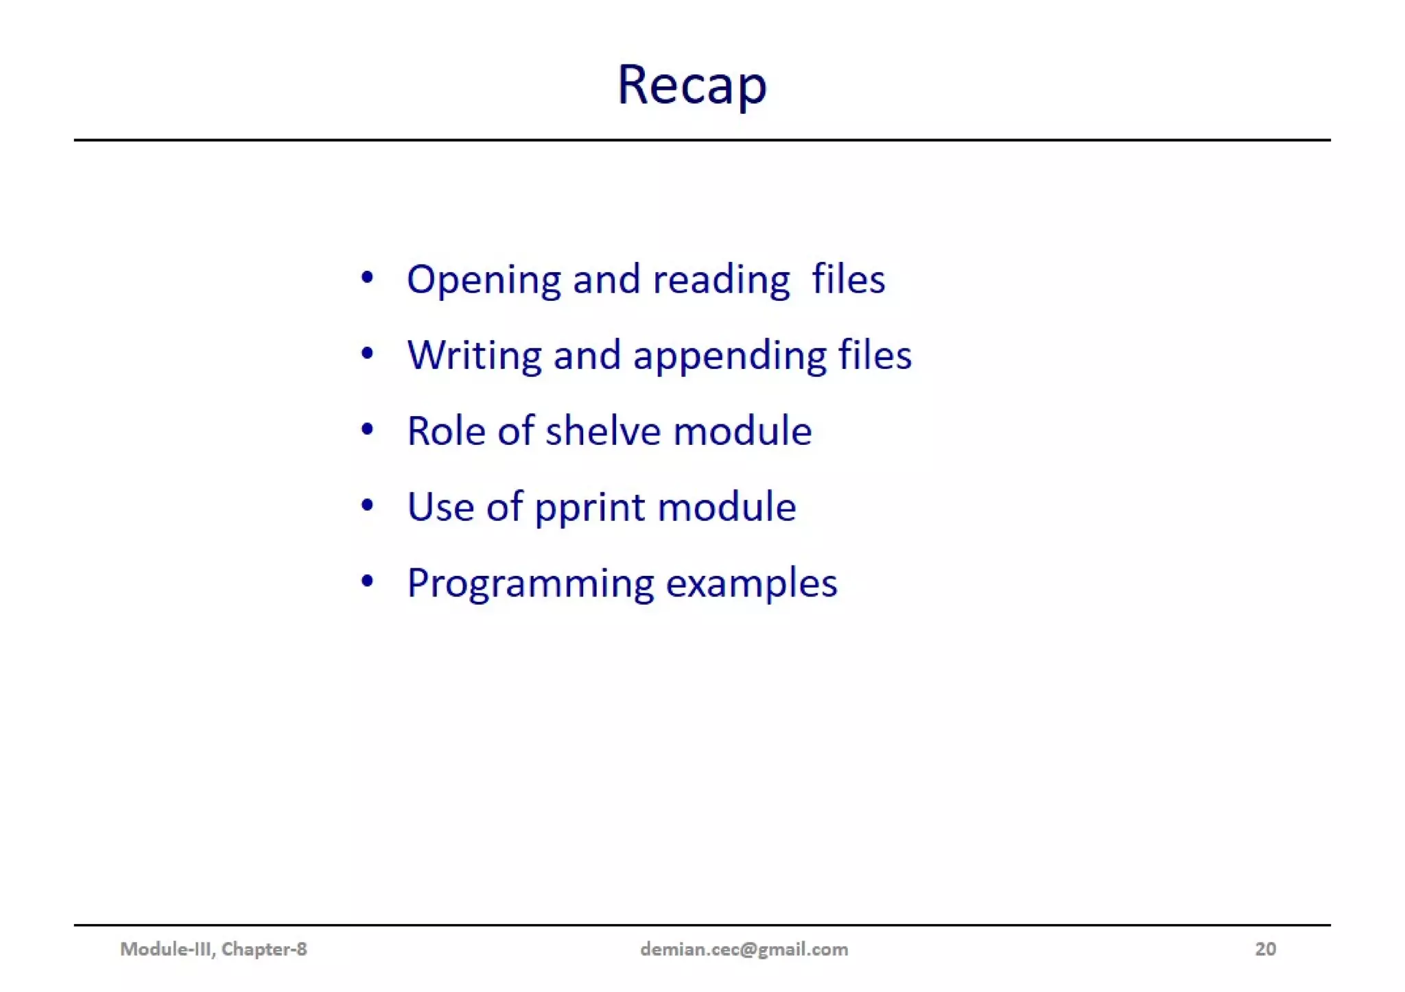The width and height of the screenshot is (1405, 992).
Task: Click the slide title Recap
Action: pos(692,85)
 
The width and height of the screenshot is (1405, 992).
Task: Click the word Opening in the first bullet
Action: pos(483,280)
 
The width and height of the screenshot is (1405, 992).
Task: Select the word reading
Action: pos(721,280)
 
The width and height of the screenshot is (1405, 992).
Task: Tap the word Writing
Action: pos(474,355)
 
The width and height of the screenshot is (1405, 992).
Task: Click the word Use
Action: pos(440,507)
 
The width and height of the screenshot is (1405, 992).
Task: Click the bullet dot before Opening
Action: pos(367,278)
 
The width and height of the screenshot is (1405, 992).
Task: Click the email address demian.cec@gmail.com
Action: pos(744,949)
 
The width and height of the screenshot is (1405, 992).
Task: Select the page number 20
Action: pos(1265,949)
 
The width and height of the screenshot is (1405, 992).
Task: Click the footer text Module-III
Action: pos(167,949)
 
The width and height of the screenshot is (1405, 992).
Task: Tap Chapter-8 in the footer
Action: pos(264,949)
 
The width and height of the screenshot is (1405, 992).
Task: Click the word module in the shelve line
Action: pos(742,431)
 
